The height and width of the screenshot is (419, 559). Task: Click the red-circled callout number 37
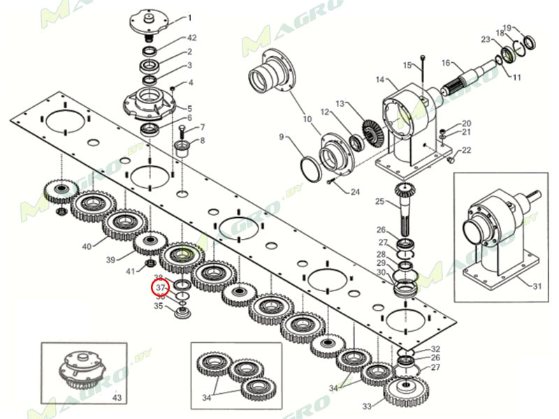pyautogui.click(x=160, y=287)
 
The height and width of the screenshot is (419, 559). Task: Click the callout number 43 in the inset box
pyautogui.click(x=117, y=397)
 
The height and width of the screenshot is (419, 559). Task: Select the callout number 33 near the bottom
pyautogui.click(x=367, y=406)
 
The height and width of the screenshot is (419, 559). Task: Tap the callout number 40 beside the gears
pyautogui.click(x=87, y=247)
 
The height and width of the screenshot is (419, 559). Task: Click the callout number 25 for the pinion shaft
pyautogui.click(x=379, y=202)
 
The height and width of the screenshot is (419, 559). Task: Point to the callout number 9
pyautogui.click(x=282, y=137)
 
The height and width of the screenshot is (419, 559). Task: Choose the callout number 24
pyautogui.click(x=355, y=192)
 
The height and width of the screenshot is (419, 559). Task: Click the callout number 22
pyautogui.click(x=467, y=150)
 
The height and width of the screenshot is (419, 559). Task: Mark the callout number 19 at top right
pyautogui.click(x=508, y=27)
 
